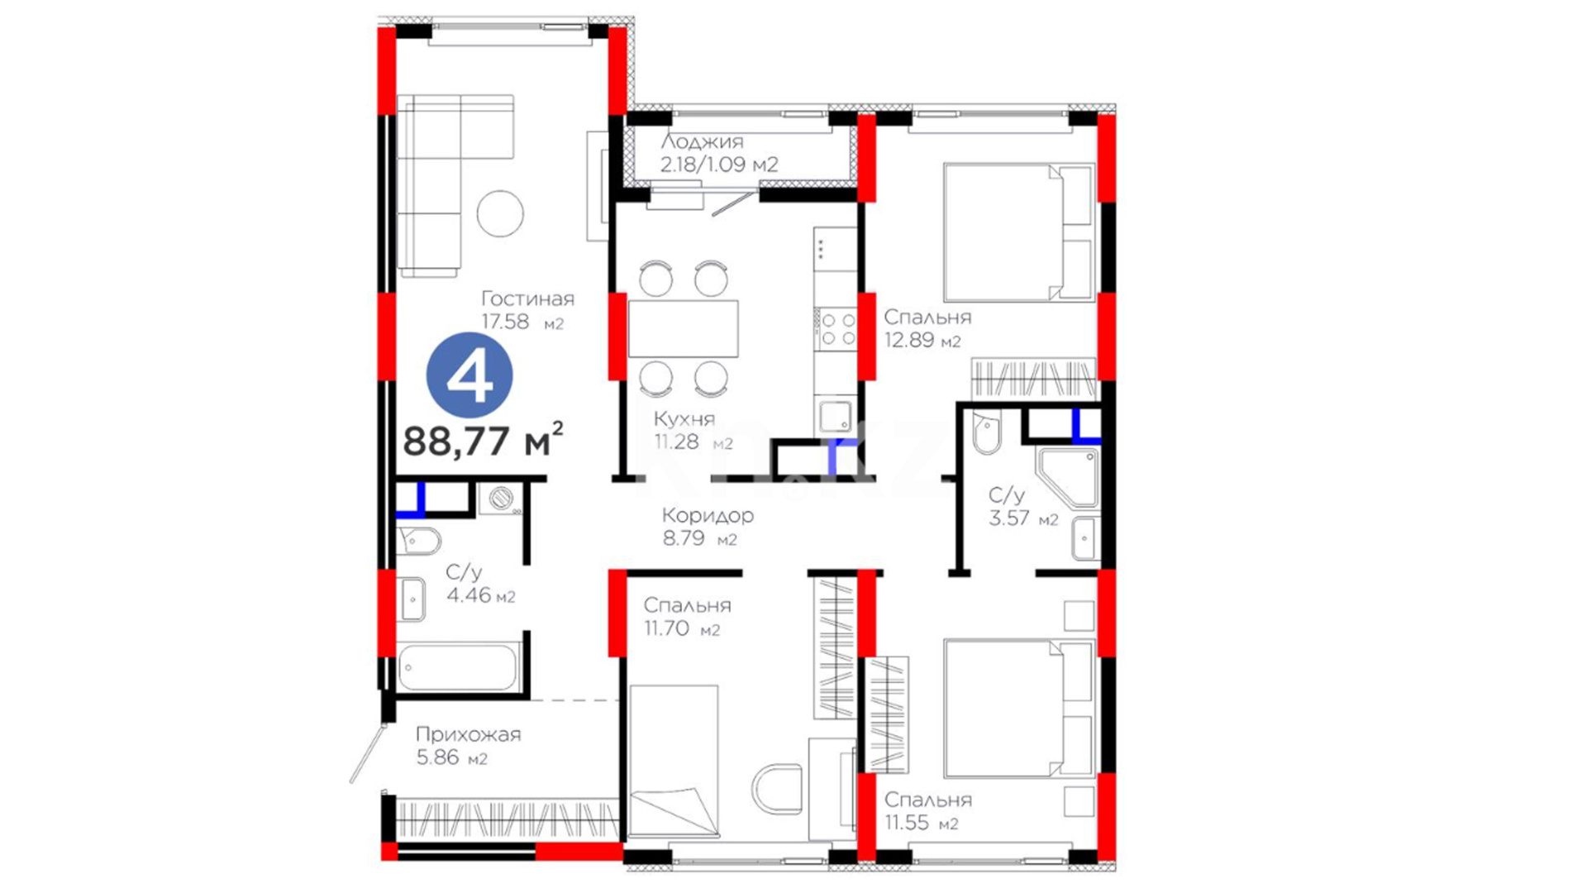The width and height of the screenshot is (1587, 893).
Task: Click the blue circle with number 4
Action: [x=469, y=375]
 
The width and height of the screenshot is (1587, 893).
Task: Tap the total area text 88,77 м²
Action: [x=484, y=439]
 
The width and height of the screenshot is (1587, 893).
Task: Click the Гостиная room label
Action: [x=527, y=298]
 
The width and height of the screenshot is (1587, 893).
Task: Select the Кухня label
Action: [x=684, y=418]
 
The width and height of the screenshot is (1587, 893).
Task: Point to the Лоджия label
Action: [x=702, y=141]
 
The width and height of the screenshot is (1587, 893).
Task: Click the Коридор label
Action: [x=708, y=515]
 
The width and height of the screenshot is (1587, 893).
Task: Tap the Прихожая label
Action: [x=468, y=734]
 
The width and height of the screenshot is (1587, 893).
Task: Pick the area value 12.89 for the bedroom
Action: [x=909, y=340]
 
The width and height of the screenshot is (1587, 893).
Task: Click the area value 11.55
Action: [x=908, y=823]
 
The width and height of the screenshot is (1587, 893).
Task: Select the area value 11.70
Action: [x=667, y=628]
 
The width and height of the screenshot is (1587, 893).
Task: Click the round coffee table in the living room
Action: [x=500, y=213]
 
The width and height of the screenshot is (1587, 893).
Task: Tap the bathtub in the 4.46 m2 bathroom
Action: [x=459, y=666]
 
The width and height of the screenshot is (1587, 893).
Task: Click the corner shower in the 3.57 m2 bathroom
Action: [x=1068, y=478]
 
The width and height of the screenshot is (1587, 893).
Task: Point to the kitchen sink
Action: [x=835, y=415]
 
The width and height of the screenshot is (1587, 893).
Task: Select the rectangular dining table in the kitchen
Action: [x=683, y=328]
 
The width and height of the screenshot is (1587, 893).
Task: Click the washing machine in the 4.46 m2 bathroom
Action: [x=501, y=499]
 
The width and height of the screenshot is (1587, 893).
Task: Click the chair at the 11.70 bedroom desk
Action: [x=777, y=789]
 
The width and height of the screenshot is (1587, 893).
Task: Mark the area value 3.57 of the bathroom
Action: [x=1009, y=518]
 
